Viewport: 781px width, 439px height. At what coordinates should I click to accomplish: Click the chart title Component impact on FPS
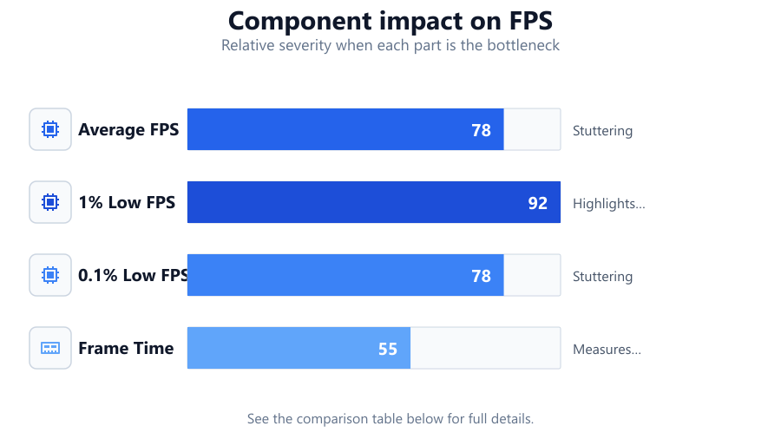tap(390, 21)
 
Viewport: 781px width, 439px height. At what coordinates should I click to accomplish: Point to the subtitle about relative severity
tap(390, 45)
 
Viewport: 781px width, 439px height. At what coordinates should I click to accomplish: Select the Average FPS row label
tap(128, 129)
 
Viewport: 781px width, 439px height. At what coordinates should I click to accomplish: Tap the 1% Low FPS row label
tap(127, 202)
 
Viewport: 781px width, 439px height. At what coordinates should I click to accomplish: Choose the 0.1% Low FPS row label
tap(133, 275)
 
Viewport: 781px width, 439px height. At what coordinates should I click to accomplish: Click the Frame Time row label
tap(126, 348)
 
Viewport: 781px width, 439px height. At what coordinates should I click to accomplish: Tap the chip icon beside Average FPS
tap(50, 129)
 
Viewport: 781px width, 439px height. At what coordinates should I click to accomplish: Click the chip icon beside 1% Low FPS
tap(50, 202)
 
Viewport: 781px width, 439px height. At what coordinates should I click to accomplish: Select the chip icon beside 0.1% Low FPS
tap(50, 275)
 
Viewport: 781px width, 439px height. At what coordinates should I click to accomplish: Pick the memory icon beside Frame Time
tap(50, 348)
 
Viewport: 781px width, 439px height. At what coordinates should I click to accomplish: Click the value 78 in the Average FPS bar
tap(481, 130)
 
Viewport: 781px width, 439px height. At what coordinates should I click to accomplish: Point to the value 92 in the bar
tap(537, 203)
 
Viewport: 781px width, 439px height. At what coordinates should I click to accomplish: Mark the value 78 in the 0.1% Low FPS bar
tap(481, 276)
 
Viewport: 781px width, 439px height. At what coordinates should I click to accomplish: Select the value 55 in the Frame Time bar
tap(388, 349)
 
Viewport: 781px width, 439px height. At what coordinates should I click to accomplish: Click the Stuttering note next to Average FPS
tap(603, 131)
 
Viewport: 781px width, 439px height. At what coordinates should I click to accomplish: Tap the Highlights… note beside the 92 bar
tap(608, 204)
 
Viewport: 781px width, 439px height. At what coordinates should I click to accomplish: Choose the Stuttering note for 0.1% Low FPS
tap(603, 277)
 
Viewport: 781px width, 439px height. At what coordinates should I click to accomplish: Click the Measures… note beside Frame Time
tap(607, 350)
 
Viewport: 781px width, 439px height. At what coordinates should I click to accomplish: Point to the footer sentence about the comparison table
tap(390, 418)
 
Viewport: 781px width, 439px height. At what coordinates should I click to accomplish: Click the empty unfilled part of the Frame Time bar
tap(485, 348)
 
